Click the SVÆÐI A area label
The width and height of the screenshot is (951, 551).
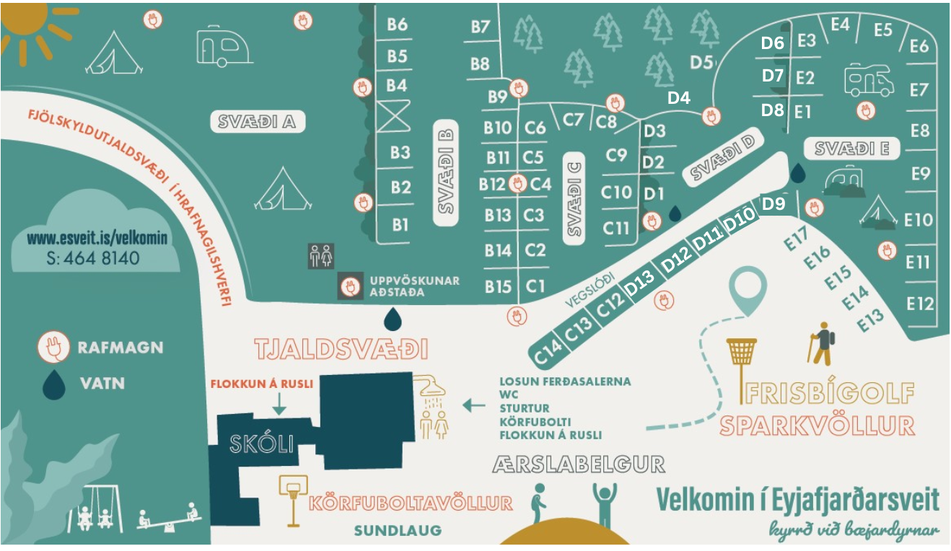258,122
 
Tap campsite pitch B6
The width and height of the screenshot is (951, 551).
397,25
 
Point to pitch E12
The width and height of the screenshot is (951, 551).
919,304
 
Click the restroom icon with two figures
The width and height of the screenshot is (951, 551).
321,255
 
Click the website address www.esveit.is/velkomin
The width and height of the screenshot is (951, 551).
97,238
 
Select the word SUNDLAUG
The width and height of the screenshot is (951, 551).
398,531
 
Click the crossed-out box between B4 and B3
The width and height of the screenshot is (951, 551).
394,116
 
